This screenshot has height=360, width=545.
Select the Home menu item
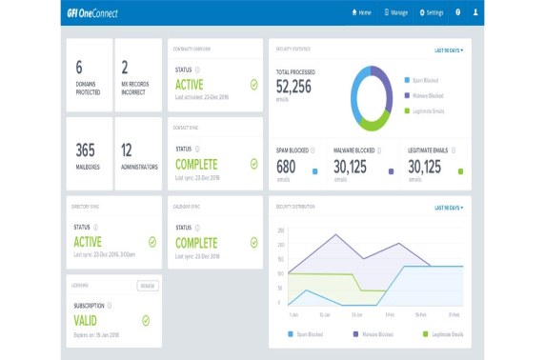click(x=361, y=12)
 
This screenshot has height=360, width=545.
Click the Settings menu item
click(x=432, y=12)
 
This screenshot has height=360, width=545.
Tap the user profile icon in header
click(x=475, y=12)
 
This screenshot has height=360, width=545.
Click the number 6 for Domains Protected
click(x=79, y=66)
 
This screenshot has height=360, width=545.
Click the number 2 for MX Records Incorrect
click(x=125, y=66)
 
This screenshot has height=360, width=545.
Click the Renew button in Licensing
click(x=147, y=285)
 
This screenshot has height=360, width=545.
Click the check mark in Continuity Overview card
click(x=253, y=84)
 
